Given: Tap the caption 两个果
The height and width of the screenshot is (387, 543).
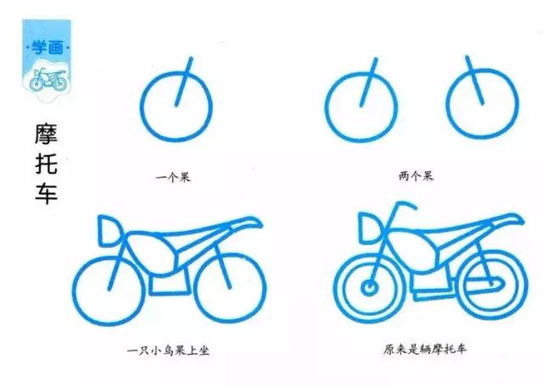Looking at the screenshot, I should click(x=416, y=177).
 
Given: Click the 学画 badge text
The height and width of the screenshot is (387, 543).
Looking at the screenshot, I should click(x=49, y=44).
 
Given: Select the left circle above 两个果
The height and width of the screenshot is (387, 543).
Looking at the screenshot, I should click(x=361, y=108).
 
